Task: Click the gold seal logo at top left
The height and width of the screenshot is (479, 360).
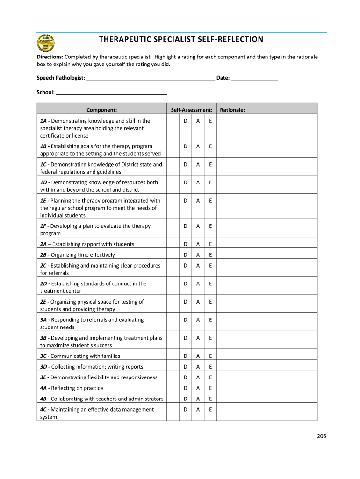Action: (46, 44)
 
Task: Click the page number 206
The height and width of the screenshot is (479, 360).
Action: (321, 436)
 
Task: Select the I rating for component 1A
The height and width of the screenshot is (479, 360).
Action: (173, 121)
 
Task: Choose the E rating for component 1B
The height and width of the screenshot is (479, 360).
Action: (210, 146)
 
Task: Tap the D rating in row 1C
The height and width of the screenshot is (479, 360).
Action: (186, 165)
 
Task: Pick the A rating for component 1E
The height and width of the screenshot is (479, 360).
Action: (198, 201)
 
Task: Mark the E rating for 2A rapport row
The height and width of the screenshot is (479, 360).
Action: (210, 244)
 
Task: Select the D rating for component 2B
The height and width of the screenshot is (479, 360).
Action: (186, 255)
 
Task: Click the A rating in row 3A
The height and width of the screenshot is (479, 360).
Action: (198, 320)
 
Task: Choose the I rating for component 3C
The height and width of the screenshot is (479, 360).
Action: (173, 356)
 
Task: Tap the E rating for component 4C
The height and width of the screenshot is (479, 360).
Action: (210, 410)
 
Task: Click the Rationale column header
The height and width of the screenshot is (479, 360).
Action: (232, 110)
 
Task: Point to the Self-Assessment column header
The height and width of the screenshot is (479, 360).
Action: (192, 110)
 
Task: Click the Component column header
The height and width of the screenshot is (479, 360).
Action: (101, 110)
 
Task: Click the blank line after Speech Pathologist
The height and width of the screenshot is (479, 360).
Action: (151, 79)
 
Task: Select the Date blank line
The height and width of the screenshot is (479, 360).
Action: (254, 79)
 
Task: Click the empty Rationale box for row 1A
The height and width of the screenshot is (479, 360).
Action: (267, 128)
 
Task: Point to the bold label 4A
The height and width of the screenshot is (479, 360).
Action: (43, 388)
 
